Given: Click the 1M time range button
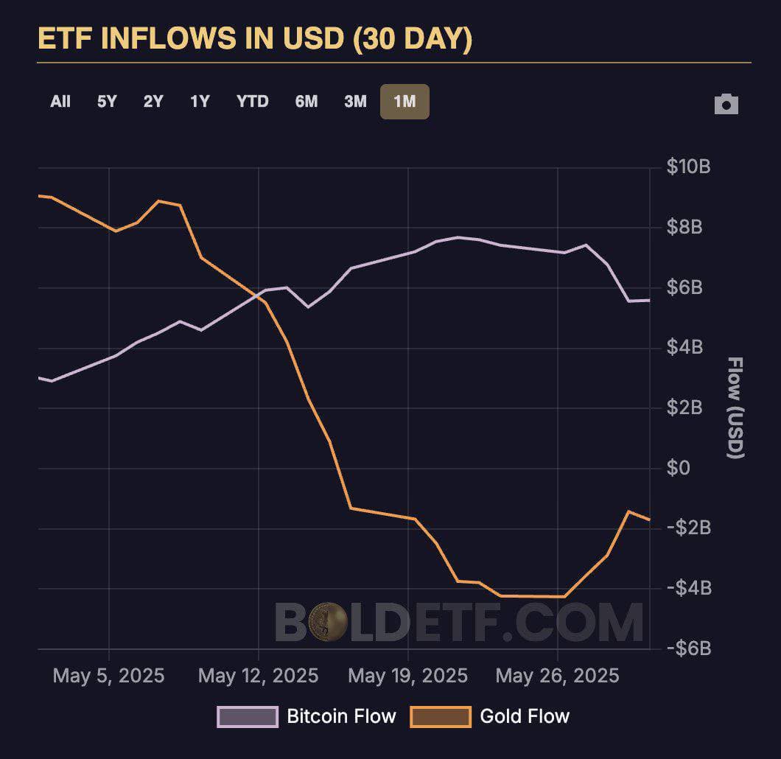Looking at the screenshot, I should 404,102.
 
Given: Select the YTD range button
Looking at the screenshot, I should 253,102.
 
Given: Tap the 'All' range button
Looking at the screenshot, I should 60,102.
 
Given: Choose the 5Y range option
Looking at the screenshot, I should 107,102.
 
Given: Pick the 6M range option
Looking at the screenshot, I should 307,102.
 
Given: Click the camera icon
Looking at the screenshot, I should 726,105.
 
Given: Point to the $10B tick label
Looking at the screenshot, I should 688,167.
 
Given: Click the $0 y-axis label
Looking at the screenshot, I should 680,468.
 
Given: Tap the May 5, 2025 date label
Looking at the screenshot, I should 109,676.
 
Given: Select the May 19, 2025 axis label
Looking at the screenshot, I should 407,676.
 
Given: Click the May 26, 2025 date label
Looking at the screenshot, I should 557,676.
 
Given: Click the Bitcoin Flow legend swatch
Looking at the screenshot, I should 248,716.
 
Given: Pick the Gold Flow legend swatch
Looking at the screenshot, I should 441,716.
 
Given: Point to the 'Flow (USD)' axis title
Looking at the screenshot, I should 735,408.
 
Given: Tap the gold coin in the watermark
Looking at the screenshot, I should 328,621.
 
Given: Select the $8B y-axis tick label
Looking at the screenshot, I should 685,228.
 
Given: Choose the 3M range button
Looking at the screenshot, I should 355,102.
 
